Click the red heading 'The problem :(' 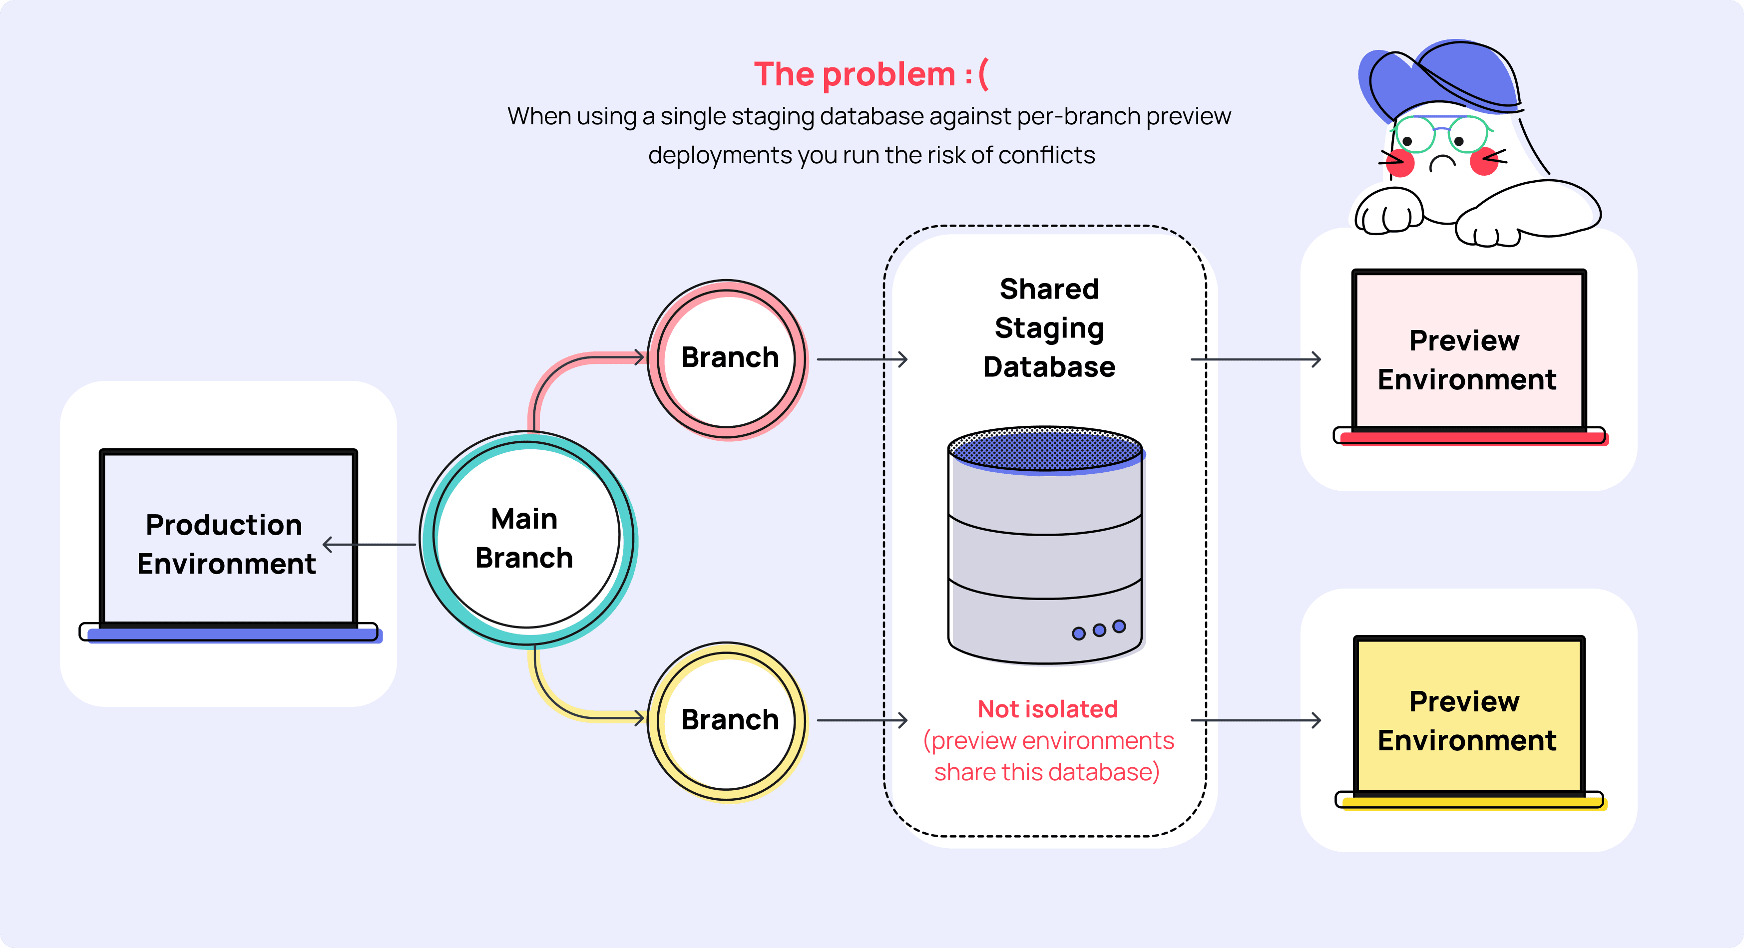tap(871, 74)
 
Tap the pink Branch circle tap(728, 358)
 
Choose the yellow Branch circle tap(728, 721)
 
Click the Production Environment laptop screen tap(228, 538)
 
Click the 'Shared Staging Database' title tap(1049, 328)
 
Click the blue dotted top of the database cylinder tap(1046, 448)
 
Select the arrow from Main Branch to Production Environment tap(369, 544)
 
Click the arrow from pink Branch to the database tap(862, 359)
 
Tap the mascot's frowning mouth tap(1443, 162)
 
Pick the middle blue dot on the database tap(1099, 630)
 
